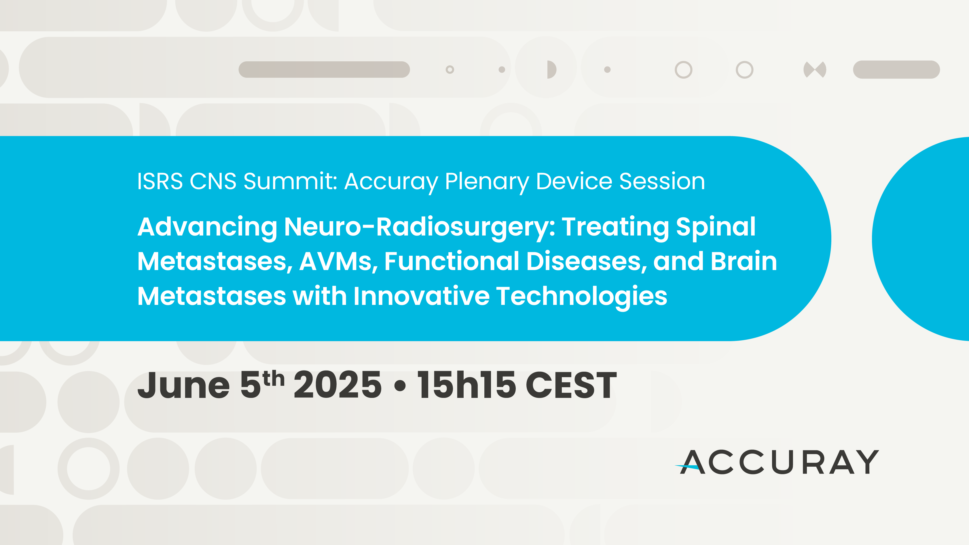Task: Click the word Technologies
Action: click(582, 297)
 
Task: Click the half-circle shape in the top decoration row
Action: click(551, 70)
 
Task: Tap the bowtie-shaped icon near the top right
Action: click(815, 70)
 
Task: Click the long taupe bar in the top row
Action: click(324, 70)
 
